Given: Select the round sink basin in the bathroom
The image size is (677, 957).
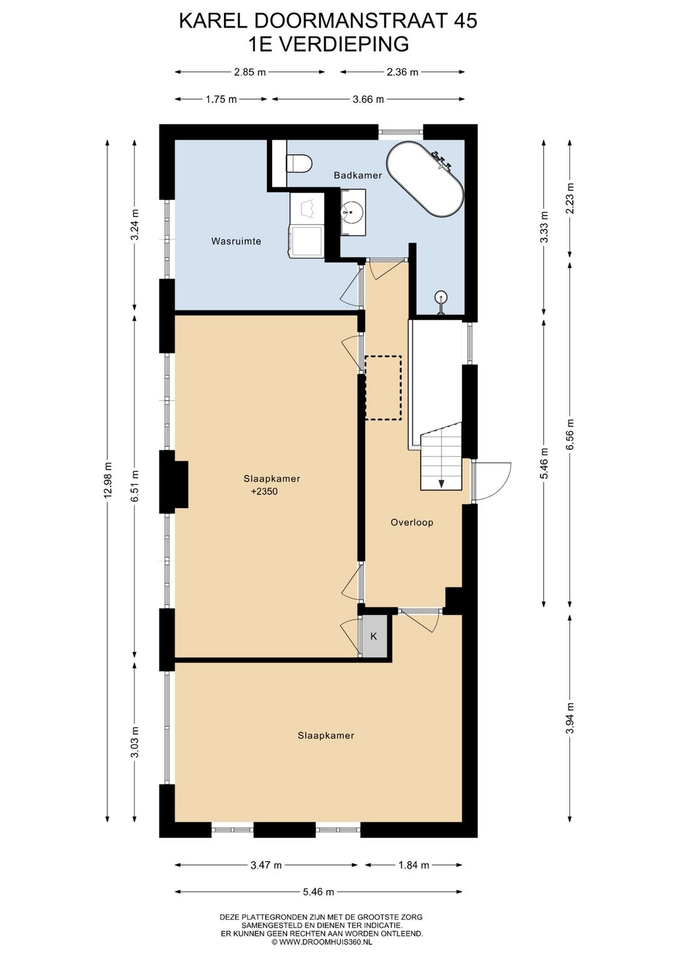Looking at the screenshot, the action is coord(353,211).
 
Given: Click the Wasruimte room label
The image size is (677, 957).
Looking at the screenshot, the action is coord(236,241).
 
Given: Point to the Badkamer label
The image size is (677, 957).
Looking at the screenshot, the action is coord(358,175).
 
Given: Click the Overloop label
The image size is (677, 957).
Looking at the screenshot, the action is coord(412,522).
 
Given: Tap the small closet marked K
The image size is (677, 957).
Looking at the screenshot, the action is coord(374,636).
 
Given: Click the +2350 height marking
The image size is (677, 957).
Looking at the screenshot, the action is coord(265,491).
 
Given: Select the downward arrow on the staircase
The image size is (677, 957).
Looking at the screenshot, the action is coord(441,483).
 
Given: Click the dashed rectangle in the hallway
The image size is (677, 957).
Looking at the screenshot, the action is coord(383,388).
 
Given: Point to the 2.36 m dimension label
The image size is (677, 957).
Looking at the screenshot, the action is coord(402,72).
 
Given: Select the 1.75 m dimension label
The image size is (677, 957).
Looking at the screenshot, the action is coord(221,100).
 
